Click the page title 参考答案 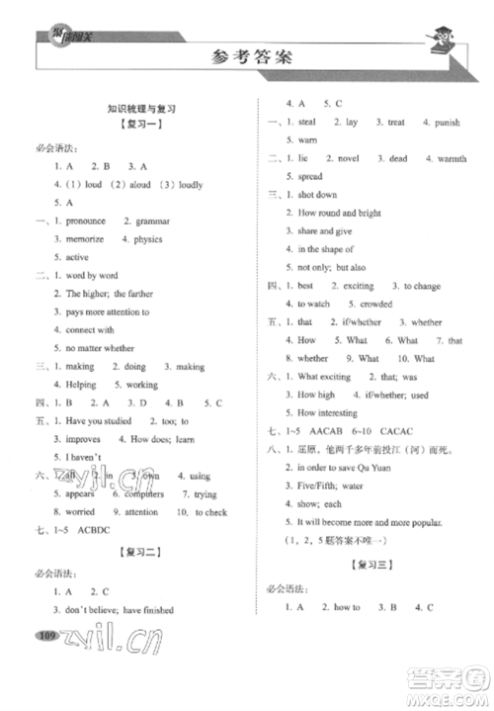[x=246, y=56]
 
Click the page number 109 [x=45, y=662]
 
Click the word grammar [x=147, y=221]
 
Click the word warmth [x=452, y=159]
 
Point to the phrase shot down [x=317, y=195]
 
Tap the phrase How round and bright [x=339, y=213]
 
